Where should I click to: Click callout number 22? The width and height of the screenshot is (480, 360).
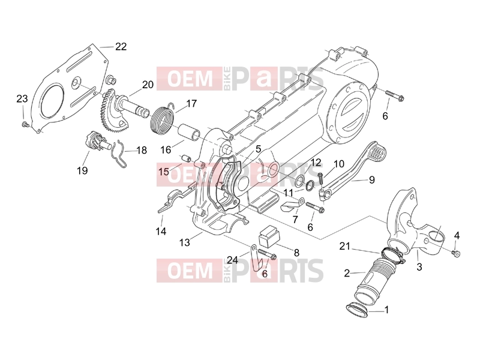click(121, 47)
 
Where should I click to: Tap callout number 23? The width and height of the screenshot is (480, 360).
click(22, 98)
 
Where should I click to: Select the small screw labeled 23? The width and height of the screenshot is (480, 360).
click(24, 124)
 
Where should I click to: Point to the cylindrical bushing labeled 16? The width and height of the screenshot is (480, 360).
click(189, 132)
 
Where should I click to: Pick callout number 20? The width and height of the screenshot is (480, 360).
click(148, 84)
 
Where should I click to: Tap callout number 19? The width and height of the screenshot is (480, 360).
click(82, 170)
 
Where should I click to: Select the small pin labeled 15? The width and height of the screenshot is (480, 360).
click(187, 159)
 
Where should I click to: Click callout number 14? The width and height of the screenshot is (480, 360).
click(161, 231)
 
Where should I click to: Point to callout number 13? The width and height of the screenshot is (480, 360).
click(185, 242)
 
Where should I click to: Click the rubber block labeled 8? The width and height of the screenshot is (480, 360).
click(269, 235)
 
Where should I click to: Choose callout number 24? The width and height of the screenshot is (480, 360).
click(232, 260)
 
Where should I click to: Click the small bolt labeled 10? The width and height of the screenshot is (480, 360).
click(320, 178)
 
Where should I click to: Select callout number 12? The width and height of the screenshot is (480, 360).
click(316, 162)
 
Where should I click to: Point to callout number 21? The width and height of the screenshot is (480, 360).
click(344, 246)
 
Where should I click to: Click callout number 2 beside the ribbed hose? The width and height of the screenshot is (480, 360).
click(347, 273)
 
